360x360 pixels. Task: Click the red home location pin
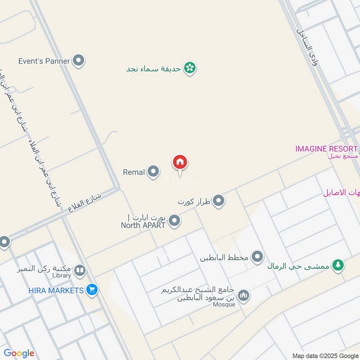click(180, 162)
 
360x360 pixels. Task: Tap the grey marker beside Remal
click(153, 171)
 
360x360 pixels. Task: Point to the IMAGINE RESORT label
click(326, 148)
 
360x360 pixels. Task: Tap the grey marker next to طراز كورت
click(219, 201)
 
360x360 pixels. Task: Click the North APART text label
click(143, 225)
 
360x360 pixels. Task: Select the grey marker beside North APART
click(175, 220)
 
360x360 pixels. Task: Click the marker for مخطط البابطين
click(257, 257)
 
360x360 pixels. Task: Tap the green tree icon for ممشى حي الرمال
click(337, 265)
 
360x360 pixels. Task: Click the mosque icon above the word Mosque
click(244, 295)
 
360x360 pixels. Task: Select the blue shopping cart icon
click(92, 290)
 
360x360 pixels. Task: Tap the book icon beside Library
click(80, 270)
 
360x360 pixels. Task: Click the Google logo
click(18, 353)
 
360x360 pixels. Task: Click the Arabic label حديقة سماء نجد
click(153, 68)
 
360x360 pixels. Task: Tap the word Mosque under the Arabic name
click(225, 305)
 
